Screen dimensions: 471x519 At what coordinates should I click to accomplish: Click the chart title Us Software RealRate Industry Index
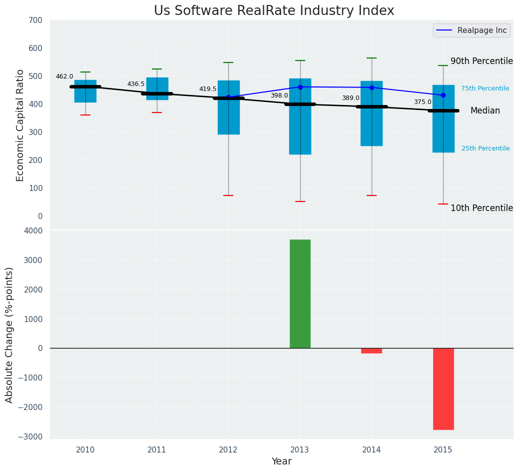[274, 11]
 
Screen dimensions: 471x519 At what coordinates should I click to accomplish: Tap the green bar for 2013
[300, 293]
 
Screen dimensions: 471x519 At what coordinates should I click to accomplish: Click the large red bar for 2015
[443, 388]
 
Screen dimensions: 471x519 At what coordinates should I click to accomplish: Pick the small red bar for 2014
[372, 350]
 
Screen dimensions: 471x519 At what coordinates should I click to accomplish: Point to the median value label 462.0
[64, 76]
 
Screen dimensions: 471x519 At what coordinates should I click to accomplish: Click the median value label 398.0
[279, 95]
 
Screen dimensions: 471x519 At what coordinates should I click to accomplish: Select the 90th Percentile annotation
[482, 61]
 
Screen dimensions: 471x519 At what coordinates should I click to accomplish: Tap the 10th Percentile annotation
[482, 208]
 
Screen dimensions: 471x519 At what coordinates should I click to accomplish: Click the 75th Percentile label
[485, 88]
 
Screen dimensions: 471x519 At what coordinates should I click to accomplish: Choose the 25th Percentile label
[486, 148]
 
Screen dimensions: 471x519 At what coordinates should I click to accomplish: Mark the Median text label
[485, 111]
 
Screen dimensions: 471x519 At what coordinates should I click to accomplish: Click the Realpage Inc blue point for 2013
[300, 87]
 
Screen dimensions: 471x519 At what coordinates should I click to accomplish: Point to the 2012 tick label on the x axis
[228, 450]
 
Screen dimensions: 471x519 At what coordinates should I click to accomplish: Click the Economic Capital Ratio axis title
[20, 125]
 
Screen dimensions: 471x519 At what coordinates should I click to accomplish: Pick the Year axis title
[282, 461]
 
